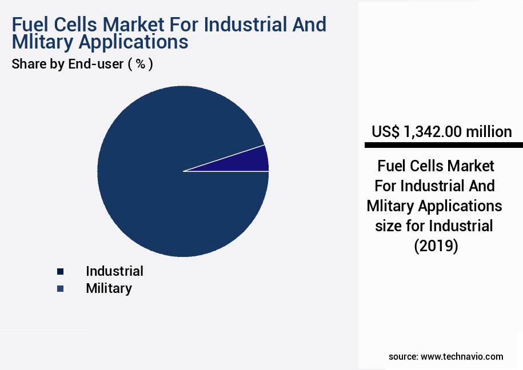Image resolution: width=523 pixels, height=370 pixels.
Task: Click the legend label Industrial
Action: (114, 271)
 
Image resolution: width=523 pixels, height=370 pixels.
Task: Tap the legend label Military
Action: (109, 288)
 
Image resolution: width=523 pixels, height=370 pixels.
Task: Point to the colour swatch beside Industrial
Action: (60, 271)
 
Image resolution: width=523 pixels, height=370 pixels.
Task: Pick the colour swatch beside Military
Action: (60, 289)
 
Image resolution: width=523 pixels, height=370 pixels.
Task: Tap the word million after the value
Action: (489, 132)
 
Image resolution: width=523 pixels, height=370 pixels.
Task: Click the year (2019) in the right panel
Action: (435, 246)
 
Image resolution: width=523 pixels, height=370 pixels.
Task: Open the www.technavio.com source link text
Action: (462, 356)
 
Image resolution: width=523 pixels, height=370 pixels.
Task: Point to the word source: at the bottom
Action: (403, 356)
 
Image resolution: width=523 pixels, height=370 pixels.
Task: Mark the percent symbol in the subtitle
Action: (139, 64)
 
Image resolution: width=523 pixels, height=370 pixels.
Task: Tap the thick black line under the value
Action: (443, 145)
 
